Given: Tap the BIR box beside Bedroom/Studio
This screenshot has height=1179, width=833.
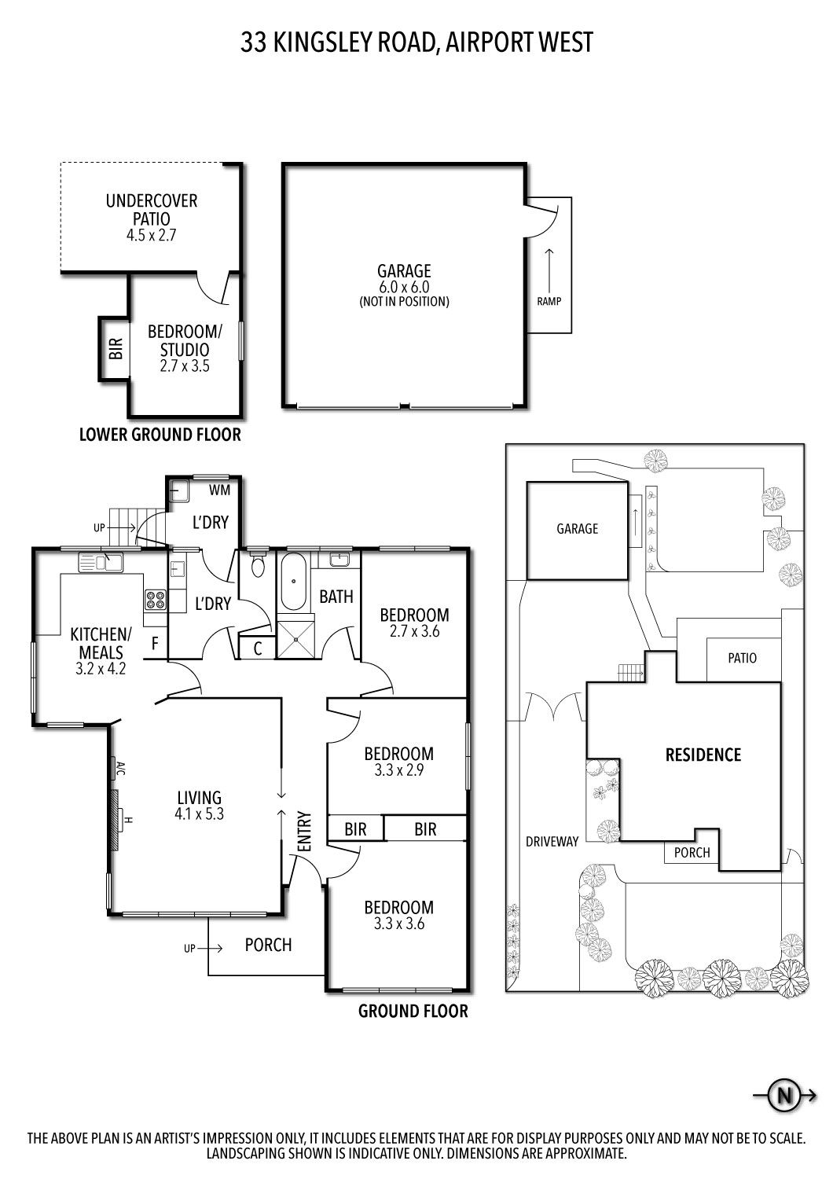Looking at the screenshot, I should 115,348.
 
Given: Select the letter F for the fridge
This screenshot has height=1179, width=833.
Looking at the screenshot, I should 155,644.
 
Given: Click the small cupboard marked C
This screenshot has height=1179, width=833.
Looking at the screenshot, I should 257,649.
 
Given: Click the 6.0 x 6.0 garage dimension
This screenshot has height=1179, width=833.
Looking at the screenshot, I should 404,288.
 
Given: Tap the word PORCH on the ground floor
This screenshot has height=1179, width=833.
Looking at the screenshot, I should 268,945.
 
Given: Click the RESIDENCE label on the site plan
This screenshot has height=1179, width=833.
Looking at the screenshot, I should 703,755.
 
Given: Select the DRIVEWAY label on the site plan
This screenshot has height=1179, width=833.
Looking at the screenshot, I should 552,841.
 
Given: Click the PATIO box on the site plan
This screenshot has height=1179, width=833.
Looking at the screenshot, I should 742,658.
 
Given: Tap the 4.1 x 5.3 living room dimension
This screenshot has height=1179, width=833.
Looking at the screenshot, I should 200,814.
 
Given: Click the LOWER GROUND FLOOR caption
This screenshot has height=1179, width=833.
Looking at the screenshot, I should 160,435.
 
